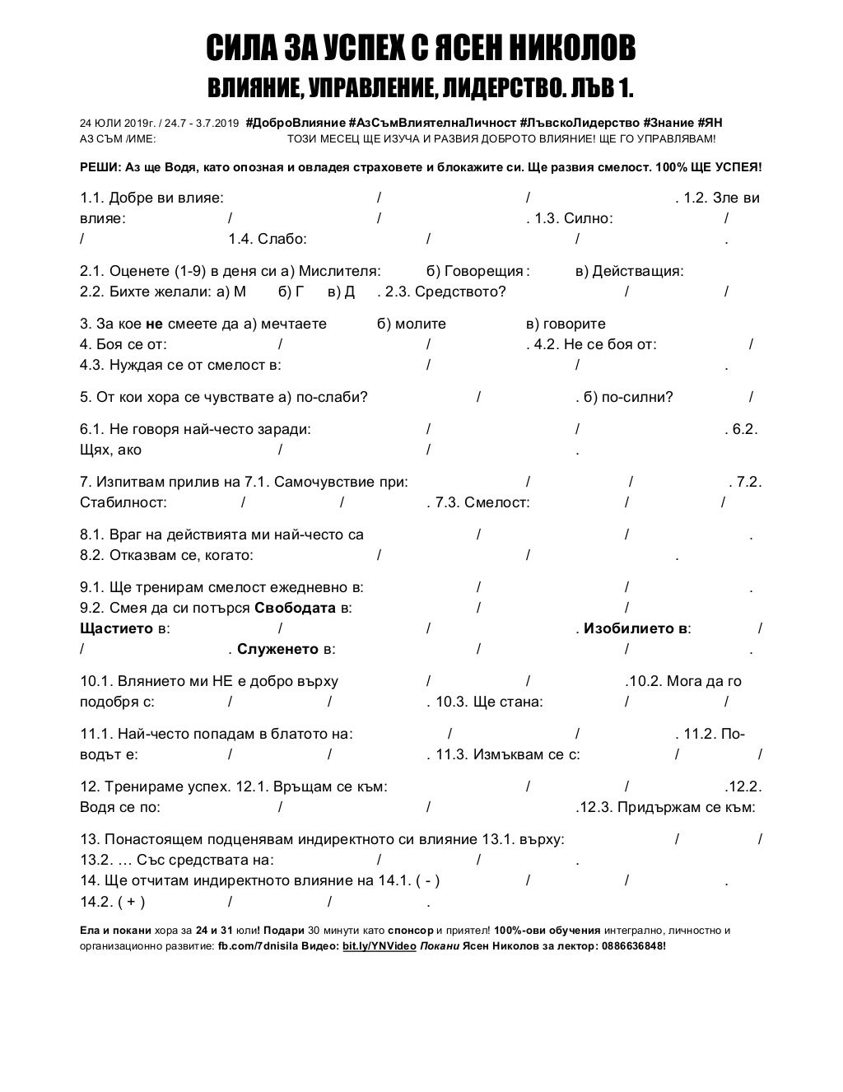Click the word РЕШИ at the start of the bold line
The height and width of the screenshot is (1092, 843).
(x=100, y=167)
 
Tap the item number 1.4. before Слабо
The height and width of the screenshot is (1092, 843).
(x=240, y=240)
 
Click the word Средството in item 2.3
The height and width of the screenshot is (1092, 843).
(x=457, y=292)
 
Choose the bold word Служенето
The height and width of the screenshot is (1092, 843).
(x=277, y=650)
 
